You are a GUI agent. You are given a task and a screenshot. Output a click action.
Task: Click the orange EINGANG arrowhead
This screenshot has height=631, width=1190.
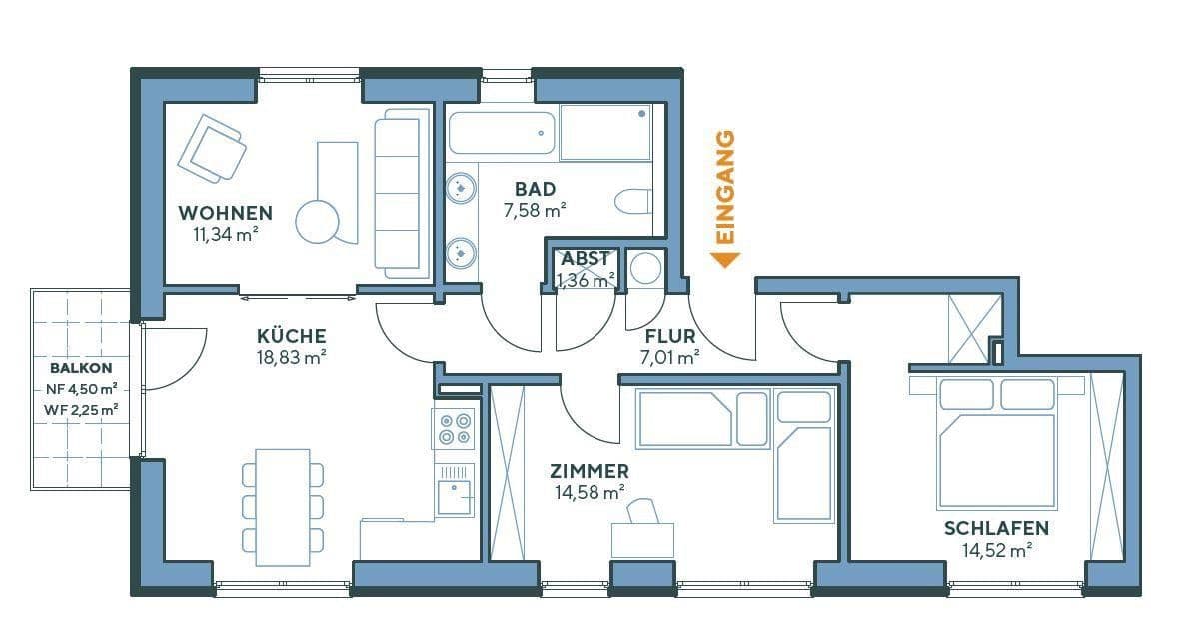click(x=725, y=260)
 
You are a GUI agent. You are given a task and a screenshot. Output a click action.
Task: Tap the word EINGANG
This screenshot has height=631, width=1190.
click(x=726, y=187)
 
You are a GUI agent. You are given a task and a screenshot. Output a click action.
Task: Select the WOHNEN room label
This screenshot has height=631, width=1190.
click(x=225, y=213)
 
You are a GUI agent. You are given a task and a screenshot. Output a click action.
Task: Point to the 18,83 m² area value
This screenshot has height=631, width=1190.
click(x=291, y=355)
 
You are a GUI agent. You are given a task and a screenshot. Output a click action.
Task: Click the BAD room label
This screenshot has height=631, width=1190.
click(x=535, y=189)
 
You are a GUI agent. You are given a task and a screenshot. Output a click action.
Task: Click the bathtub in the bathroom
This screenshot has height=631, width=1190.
click(x=501, y=133)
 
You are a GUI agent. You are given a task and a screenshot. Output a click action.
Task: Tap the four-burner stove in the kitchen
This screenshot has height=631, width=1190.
click(x=453, y=429)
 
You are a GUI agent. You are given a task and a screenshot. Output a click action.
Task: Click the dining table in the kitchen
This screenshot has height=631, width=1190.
click(x=283, y=506)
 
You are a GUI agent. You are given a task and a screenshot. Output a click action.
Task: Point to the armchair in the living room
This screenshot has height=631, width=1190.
click(x=212, y=148)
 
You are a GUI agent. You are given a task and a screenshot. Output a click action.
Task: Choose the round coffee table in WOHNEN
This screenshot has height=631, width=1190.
click(x=319, y=221)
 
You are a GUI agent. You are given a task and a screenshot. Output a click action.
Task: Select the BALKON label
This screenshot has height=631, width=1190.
click(x=81, y=367)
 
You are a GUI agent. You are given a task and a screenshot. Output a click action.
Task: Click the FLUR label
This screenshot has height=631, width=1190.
click(x=669, y=336)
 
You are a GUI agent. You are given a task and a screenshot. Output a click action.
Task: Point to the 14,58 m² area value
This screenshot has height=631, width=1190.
click(x=590, y=491)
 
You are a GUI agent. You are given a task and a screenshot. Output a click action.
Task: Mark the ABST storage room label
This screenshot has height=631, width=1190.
click(x=585, y=259)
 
